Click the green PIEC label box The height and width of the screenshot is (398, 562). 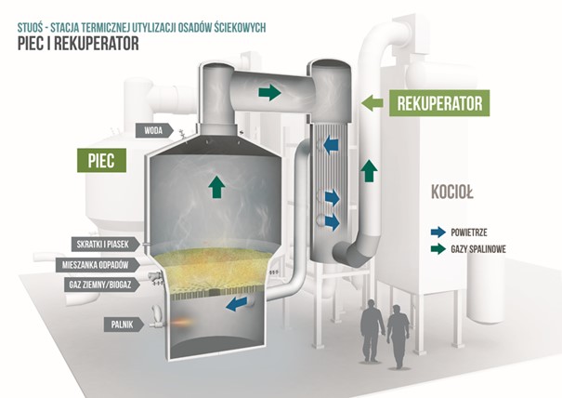point(97,160)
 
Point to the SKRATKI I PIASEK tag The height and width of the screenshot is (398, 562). point(105,245)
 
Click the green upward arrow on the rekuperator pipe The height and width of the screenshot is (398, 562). point(370,171)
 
